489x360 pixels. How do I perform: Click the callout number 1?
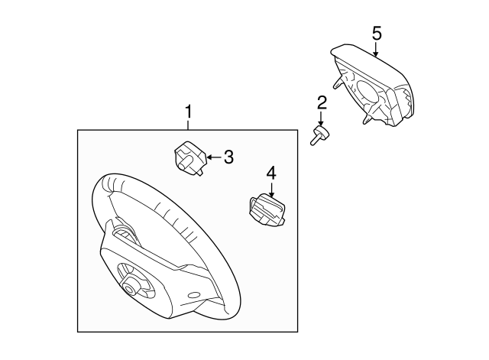click(x=188, y=112)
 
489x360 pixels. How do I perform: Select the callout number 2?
click(x=322, y=103)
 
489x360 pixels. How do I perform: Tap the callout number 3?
click(x=228, y=157)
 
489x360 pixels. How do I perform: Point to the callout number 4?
click(x=271, y=174)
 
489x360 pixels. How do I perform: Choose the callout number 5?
click(x=377, y=33)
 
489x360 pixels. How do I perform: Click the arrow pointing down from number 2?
click(x=321, y=118)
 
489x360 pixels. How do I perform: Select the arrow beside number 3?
click(x=214, y=157)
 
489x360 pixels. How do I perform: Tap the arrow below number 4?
click(x=272, y=190)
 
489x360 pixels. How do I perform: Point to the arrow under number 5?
click(x=376, y=49)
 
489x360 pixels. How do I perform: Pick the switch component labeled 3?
click(x=189, y=157)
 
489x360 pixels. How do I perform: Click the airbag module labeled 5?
click(x=373, y=85)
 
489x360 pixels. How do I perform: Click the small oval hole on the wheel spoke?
click(x=193, y=295)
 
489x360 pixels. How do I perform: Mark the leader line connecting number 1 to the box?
click(x=188, y=125)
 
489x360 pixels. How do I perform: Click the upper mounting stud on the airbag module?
click(x=337, y=83)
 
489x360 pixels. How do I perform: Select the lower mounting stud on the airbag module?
click(x=367, y=118)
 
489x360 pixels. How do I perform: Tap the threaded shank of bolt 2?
click(x=314, y=140)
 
